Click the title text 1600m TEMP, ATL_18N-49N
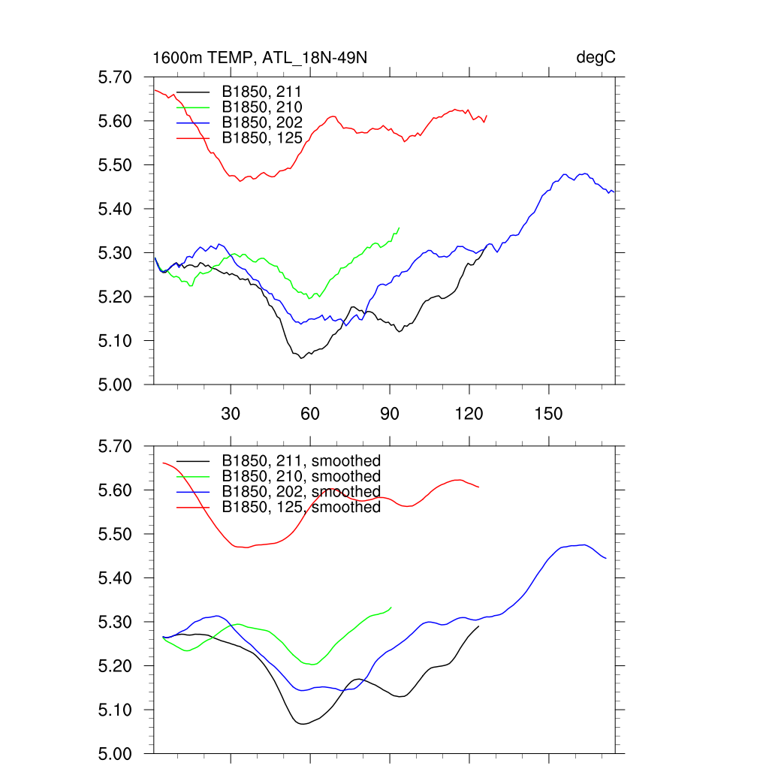(x=259, y=58)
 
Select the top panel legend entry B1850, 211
(x=262, y=92)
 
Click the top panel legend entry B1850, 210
(x=262, y=107)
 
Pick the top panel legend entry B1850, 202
(x=262, y=122)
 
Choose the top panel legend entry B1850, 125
(x=262, y=137)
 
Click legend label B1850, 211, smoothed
(x=301, y=460)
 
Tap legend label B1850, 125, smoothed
(x=301, y=508)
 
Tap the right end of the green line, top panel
(x=399, y=227)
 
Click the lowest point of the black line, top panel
(x=301, y=358)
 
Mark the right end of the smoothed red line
(x=478, y=487)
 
